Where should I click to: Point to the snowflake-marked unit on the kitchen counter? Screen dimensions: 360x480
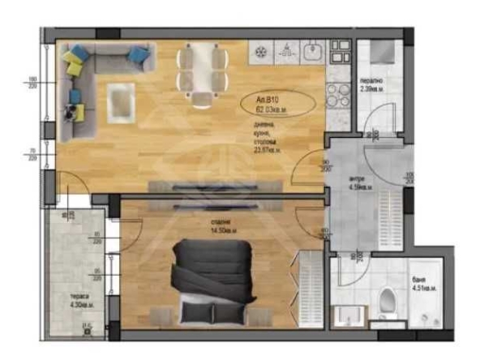(262, 52)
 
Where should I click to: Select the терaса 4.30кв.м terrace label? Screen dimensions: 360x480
(79, 301)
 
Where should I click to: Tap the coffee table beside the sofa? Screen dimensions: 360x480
(119, 103)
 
